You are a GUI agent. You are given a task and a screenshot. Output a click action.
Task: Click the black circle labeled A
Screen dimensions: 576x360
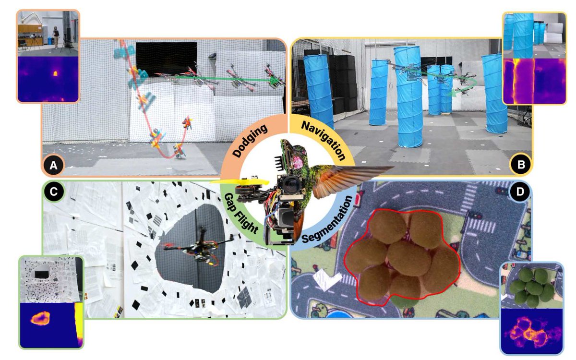pos(53,165)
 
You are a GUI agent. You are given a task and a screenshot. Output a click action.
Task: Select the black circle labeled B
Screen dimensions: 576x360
pos(521,165)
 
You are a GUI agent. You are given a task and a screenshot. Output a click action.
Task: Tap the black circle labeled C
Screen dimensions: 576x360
pos(53,192)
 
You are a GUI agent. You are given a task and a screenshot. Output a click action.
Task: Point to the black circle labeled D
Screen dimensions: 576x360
pos(520,192)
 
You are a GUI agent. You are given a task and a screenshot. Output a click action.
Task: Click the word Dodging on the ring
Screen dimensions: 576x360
pos(250,140)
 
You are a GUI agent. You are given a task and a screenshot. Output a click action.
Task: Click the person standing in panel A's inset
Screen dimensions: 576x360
pos(56,37)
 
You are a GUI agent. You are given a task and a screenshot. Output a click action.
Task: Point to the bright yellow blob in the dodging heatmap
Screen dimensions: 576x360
pos(55,73)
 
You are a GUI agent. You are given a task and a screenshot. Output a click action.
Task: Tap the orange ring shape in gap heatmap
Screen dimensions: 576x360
pos(40,318)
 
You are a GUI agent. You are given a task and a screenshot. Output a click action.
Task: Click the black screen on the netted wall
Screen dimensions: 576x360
pos(167,59)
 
